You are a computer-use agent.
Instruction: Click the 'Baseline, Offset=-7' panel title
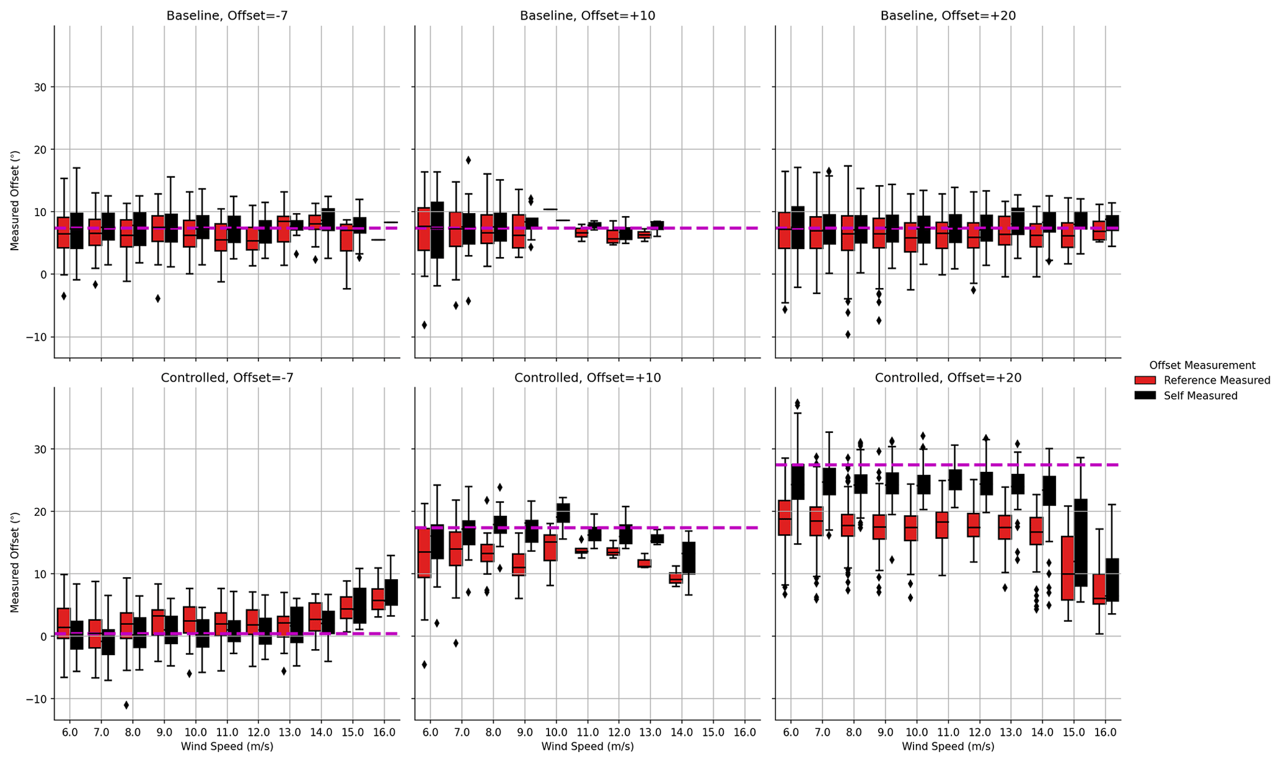[x=227, y=16]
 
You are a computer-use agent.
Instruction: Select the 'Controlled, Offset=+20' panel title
[x=948, y=378]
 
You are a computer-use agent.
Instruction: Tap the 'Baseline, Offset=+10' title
[x=587, y=16]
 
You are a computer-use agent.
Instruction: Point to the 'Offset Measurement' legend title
[x=1202, y=365]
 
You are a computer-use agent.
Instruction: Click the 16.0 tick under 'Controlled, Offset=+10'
[x=744, y=732]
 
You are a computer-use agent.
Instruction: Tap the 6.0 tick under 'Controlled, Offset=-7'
[x=69, y=732]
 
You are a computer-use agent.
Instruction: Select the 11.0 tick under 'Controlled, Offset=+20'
[x=948, y=732]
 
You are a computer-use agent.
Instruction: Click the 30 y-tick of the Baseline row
[x=41, y=87]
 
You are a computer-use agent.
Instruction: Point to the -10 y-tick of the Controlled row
[x=36, y=699]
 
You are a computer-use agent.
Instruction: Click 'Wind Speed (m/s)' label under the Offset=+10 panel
[x=587, y=747]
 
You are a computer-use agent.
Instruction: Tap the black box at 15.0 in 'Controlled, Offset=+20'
[x=1081, y=543]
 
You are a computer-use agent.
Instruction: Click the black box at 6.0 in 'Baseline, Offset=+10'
[x=437, y=230]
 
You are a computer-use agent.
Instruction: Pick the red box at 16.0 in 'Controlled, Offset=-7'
[x=377, y=599]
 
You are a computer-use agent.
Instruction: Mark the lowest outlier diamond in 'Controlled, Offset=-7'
[x=126, y=705]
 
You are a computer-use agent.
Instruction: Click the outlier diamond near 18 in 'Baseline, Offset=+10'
[x=469, y=160]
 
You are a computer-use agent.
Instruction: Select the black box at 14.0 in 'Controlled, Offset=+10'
[x=689, y=558]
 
